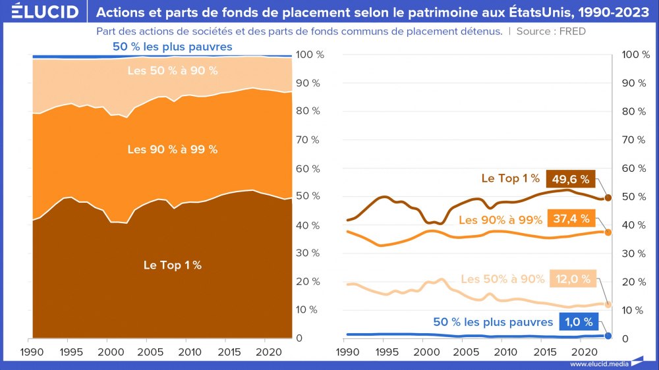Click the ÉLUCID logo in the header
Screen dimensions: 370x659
(45, 12)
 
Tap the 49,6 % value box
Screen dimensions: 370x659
(571, 179)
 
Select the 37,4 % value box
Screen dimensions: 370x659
(571, 219)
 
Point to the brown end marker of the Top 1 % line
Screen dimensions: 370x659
(608, 198)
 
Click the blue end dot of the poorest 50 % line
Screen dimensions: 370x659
(608, 336)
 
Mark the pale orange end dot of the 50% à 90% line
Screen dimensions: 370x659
(608, 305)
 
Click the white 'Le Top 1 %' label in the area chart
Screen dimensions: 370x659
(173, 265)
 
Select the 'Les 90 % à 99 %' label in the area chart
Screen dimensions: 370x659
(173, 149)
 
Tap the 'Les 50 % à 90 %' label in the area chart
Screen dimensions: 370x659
(173, 70)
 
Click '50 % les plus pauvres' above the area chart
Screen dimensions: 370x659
(173, 47)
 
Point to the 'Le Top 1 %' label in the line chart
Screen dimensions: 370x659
(510, 178)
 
